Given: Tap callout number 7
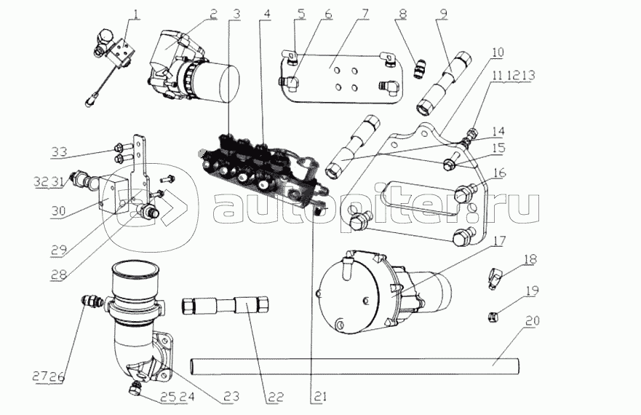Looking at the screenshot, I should coord(364,13).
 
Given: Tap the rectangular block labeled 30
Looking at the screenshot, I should coord(113,193).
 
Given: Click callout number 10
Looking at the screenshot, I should coord(497,52).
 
